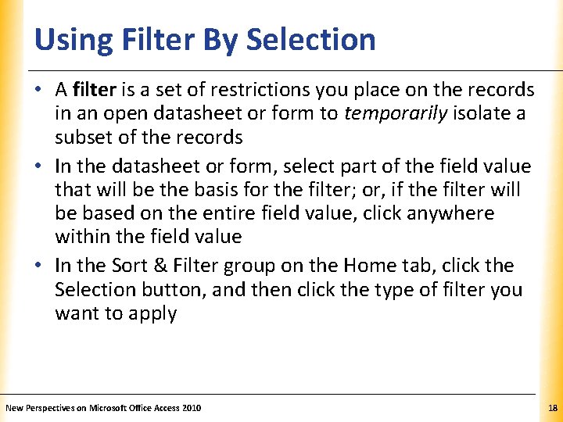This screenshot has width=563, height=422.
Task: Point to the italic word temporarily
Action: coord(394,113)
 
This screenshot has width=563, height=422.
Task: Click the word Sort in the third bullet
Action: coord(131,266)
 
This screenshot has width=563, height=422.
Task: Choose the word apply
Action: coord(156,314)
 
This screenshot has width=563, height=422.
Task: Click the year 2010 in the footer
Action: coord(189,408)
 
